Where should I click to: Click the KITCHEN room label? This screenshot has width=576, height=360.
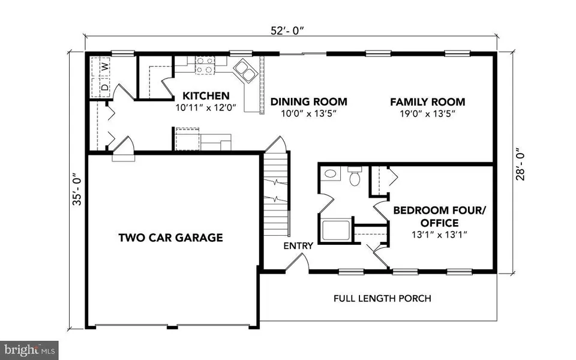point(206,96)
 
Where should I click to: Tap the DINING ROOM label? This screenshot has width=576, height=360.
point(309,102)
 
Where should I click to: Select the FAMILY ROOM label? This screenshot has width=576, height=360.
point(428,102)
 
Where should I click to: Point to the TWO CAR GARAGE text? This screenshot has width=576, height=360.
point(171,238)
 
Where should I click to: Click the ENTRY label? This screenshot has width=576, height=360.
point(298,246)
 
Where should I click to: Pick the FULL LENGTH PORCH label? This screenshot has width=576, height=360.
point(382,298)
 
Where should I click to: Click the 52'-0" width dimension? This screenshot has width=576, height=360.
point(288,31)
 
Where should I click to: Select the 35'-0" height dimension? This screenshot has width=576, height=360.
point(77,189)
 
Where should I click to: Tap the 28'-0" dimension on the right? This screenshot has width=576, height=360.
point(520,164)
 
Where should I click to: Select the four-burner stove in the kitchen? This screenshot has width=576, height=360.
point(205,65)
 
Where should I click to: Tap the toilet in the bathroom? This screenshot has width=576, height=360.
point(355,176)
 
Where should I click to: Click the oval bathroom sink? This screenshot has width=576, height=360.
point(330,173)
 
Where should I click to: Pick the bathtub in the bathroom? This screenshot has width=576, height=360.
point(336,230)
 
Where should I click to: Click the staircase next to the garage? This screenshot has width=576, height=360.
point(276,194)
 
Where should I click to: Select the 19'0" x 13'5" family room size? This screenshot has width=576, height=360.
point(428,113)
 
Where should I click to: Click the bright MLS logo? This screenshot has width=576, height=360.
point(29,350)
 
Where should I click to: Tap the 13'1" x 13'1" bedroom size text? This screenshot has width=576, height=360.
point(439,235)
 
